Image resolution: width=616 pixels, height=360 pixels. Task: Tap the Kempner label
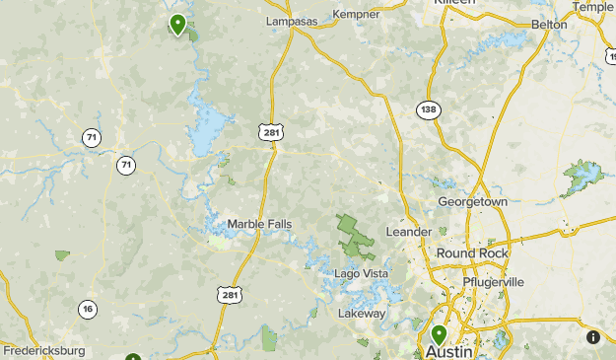tap(357, 15)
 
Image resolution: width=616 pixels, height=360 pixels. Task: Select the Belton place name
tap(549, 24)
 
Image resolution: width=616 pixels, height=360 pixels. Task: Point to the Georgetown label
tap(473, 201)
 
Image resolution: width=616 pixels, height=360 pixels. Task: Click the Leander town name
tap(408, 232)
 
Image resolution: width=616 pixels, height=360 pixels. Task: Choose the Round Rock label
tap(472, 253)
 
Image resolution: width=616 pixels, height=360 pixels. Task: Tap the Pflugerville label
tap(493, 282)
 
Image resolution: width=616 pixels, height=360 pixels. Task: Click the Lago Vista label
tap(362, 273)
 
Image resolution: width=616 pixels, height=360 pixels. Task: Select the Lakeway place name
tap(362, 314)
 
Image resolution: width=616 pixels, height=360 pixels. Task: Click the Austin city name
tap(449, 351)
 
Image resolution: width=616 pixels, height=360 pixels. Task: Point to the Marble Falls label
tap(259, 224)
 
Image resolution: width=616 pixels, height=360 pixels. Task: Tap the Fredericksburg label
tap(44, 350)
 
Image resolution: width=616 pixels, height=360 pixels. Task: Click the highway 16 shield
tap(89, 310)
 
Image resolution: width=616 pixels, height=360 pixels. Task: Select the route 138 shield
tap(427, 109)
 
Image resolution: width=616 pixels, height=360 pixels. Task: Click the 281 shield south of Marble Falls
tap(229, 295)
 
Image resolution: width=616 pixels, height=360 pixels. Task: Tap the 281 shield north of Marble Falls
tap(269, 131)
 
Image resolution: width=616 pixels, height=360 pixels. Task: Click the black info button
tap(593, 337)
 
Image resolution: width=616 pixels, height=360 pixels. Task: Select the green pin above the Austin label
tap(439, 334)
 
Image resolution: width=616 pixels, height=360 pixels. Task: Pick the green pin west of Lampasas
tap(177, 23)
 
